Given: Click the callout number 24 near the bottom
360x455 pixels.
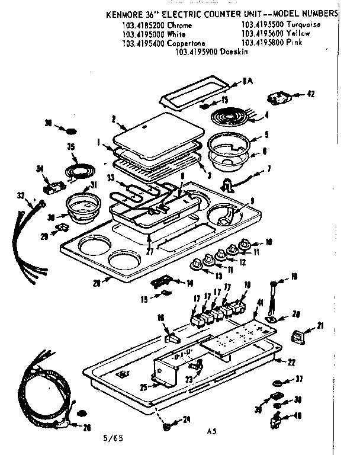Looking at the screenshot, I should [x=187, y=419].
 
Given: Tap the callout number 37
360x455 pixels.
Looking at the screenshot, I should [x=300, y=379].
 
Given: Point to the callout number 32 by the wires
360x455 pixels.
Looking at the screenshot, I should [x=22, y=195].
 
